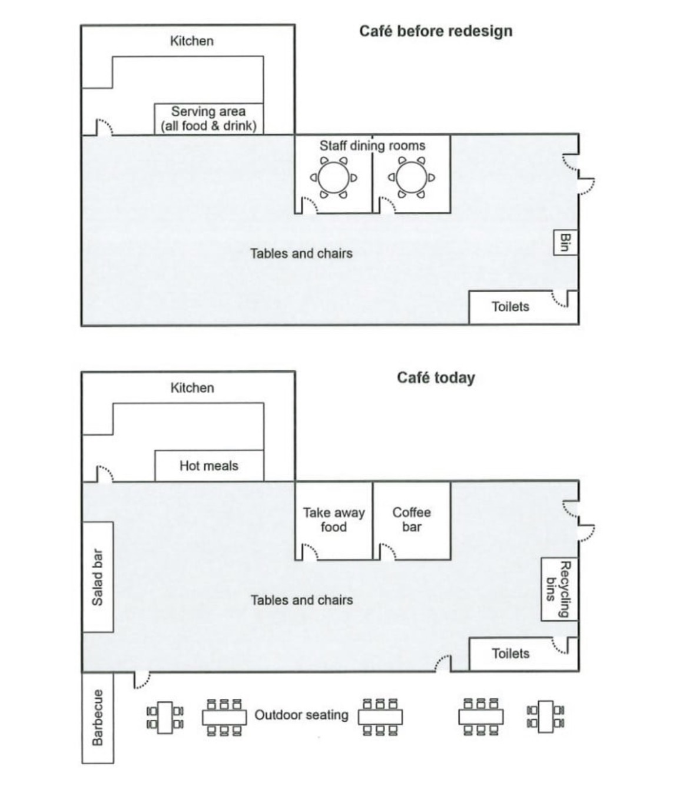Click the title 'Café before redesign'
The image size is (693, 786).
435,31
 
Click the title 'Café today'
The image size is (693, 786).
436,378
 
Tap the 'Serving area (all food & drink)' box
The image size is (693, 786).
209,119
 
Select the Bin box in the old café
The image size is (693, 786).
565,243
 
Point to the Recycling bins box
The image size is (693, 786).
559,589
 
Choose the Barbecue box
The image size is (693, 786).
98,718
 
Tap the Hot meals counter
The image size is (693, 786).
209,466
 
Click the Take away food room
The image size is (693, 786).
334,520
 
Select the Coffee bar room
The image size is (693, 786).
412,520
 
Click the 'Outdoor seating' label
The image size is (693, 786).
301,715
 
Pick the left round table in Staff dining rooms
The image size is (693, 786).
334,177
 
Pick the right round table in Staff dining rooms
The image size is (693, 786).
412,177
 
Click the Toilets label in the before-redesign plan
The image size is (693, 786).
510,307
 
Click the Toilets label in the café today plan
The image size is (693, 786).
510,654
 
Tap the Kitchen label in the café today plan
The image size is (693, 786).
192,388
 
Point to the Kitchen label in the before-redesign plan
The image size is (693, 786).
192,41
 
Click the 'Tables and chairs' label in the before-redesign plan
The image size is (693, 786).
301,254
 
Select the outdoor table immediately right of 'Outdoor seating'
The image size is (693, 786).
380,717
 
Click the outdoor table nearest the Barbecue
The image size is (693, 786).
165,718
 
